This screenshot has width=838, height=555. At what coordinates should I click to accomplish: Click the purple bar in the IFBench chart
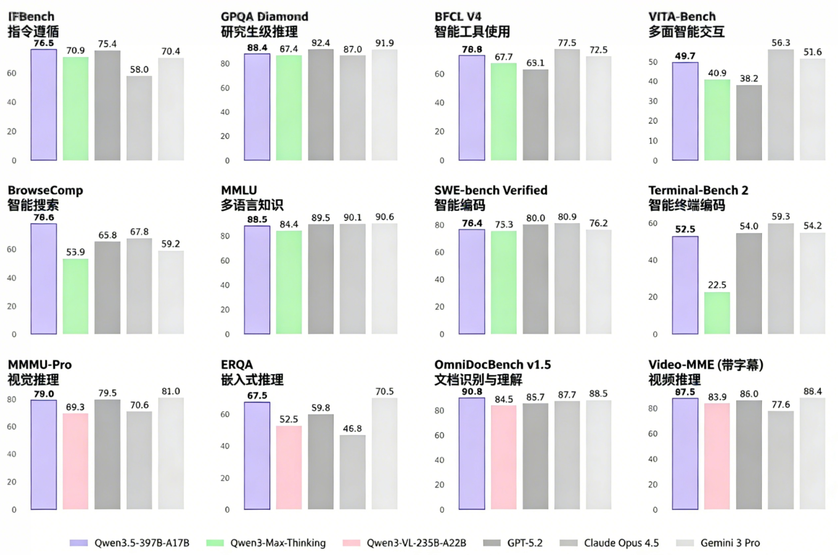point(44,105)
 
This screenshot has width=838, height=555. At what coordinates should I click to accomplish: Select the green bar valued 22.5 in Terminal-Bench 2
point(717,313)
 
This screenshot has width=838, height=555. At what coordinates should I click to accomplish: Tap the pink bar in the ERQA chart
point(288,467)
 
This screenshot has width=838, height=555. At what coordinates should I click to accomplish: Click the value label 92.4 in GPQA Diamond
point(320,43)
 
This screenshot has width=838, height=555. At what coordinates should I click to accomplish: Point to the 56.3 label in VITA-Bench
point(780,43)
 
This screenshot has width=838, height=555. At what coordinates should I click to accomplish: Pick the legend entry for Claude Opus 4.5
point(621,543)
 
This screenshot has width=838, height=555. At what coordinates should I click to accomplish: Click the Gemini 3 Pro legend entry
point(730,543)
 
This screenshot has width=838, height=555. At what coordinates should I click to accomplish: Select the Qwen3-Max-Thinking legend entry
point(277,543)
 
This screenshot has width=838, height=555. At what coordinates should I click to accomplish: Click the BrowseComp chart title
point(45,190)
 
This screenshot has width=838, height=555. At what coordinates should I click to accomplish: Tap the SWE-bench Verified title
point(491,190)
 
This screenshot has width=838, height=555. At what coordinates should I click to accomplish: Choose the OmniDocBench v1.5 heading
point(493,365)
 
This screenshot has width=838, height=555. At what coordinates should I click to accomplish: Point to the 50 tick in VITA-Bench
point(653,62)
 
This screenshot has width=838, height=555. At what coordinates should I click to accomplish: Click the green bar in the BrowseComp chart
point(75,296)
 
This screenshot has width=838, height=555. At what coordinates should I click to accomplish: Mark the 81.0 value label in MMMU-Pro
point(171,391)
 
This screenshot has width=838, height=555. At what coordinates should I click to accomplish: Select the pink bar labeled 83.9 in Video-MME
point(717,456)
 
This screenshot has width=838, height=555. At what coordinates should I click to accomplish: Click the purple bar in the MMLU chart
point(257,280)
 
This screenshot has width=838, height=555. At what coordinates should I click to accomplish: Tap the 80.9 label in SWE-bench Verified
point(567,217)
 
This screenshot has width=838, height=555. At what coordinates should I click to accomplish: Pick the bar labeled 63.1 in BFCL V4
point(535,115)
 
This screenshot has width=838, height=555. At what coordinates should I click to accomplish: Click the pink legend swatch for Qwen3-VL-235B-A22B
point(352,543)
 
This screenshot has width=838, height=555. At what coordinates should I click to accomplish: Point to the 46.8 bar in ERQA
point(352,472)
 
